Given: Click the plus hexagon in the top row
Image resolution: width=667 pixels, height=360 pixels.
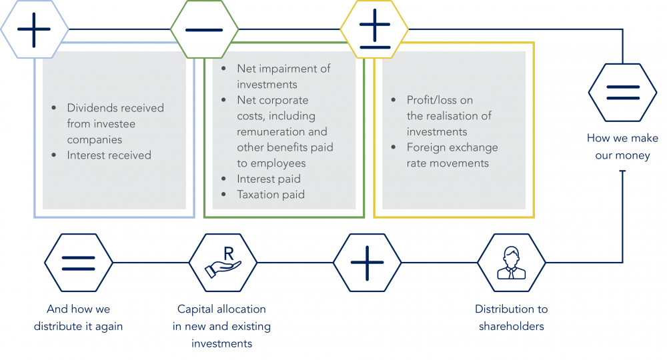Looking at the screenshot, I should [34, 29].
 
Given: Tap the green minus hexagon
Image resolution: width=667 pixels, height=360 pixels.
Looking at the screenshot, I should [204, 29].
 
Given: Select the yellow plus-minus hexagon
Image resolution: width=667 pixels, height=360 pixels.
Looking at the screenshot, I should [374, 29].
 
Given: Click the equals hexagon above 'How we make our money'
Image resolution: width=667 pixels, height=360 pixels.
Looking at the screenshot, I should [622, 93].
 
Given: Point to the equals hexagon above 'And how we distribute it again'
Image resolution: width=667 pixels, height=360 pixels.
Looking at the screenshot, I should [79, 263].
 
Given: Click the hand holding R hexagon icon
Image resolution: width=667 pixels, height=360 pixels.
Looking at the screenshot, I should [222, 263].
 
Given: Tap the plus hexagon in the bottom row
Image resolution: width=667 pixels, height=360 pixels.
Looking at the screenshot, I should [367, 263].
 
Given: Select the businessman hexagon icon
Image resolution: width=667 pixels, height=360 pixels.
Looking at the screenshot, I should [512, 263].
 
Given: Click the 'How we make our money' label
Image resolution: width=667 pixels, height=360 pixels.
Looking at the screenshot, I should [622, 147].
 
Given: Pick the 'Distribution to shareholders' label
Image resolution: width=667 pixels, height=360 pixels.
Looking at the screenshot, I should [512, 317].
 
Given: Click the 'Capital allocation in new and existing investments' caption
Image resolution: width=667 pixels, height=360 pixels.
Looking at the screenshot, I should [221, 326].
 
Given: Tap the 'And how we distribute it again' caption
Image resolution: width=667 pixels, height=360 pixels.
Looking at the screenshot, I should [78, 317].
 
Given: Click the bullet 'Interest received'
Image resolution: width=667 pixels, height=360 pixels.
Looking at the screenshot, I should [109, 155].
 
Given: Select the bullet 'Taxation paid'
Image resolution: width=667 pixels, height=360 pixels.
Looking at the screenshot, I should [270, 195].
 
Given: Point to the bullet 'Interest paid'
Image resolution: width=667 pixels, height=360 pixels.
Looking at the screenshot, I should [268, 179].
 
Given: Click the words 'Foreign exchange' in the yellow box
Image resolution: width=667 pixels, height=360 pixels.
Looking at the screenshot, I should [452, 147].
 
